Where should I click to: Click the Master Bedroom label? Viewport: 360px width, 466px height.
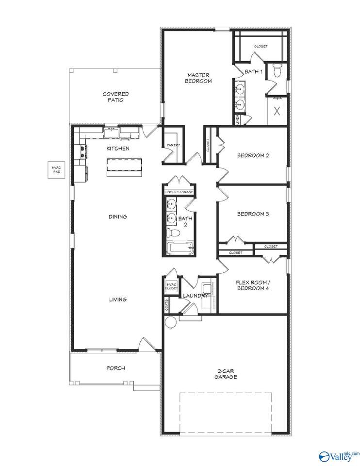tap(198, 78)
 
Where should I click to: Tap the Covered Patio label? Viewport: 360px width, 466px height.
tap(115, 97)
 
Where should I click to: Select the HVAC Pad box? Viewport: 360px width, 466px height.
tap(56, 170)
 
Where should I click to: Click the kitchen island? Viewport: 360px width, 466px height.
tap(125, 167)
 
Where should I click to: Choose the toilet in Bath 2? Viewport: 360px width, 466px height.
tap(173, 233)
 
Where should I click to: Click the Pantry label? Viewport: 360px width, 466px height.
tap(173, 145)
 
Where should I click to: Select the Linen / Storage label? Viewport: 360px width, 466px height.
tap(179, 192)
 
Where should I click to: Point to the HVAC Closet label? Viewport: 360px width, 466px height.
tap(172, 286)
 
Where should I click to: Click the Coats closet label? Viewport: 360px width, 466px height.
tap(166, 305)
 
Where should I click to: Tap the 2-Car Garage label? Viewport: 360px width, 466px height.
tap(226, 374)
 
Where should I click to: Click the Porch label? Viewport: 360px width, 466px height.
tap(115, 368)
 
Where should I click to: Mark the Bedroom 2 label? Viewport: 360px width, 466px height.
tap(253, 155)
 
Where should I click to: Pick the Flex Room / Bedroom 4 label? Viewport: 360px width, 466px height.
tap(253, 285)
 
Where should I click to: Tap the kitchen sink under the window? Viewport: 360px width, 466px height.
tap(112, 133)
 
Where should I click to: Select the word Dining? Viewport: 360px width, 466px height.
tap(117, 216)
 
